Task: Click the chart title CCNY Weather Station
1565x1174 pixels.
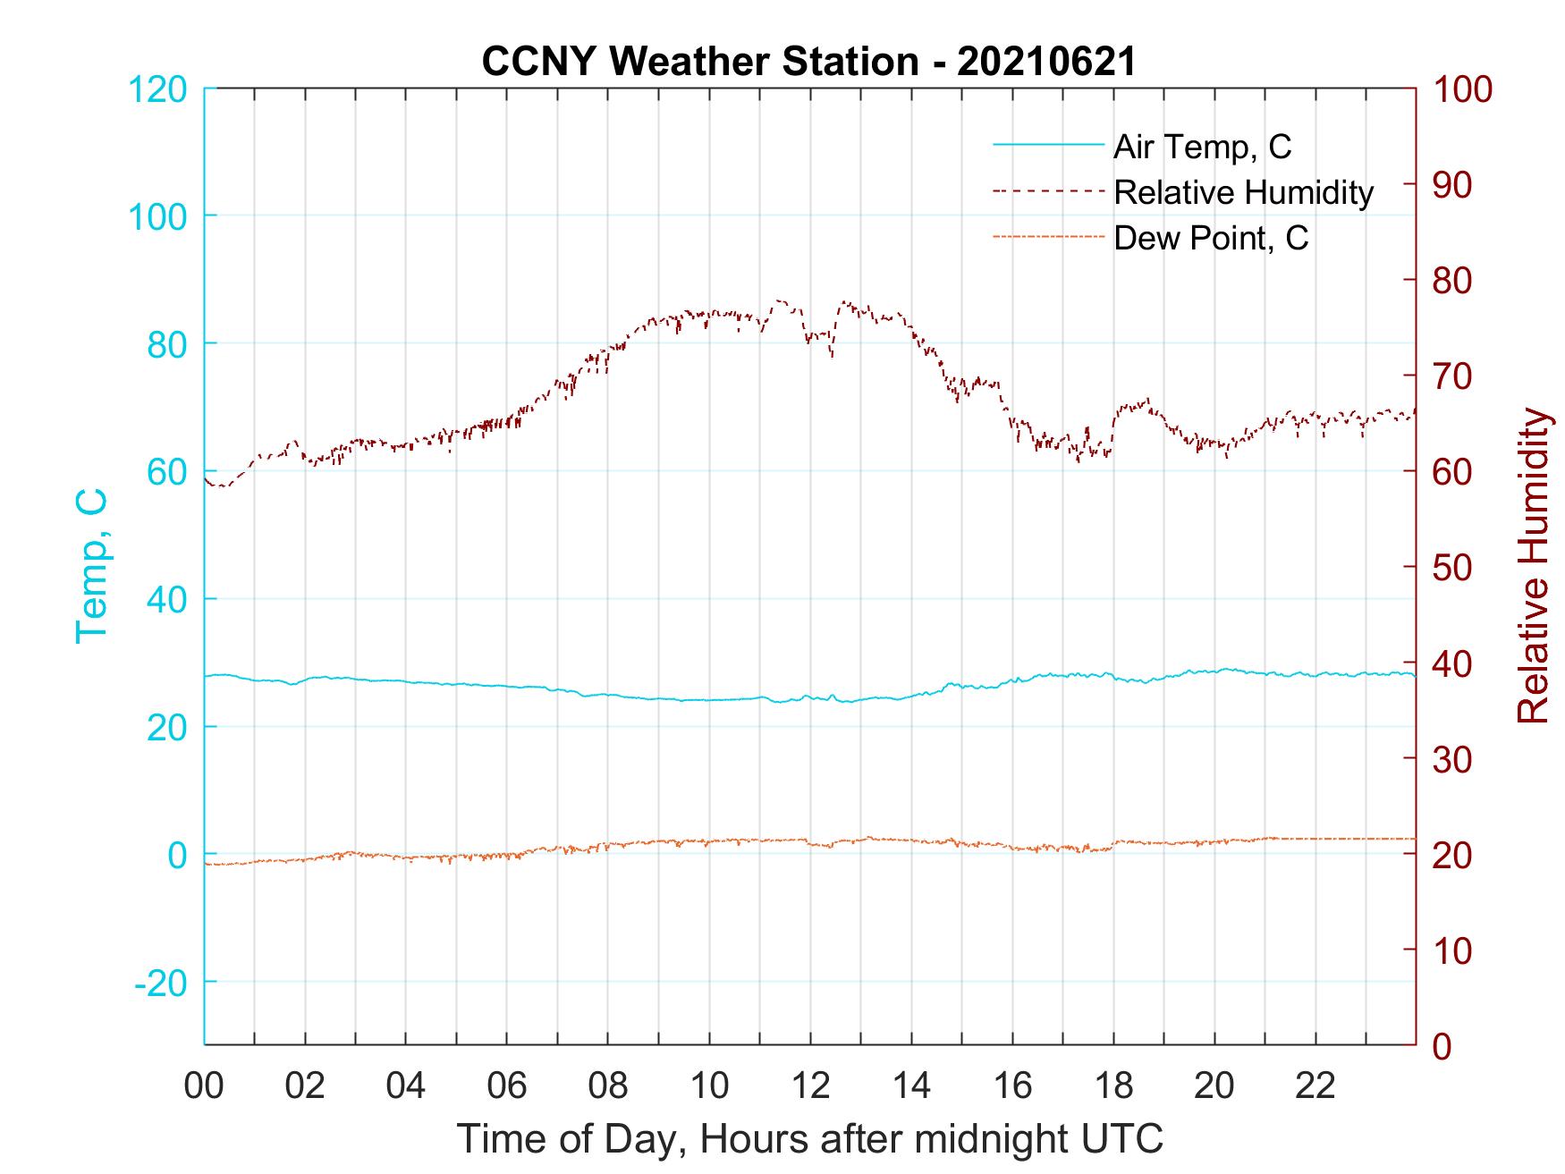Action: (700, 62)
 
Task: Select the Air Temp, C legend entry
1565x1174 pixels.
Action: (1202, 147)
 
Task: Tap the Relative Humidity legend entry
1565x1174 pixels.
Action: (1243, 192)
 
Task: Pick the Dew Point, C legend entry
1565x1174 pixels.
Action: (1211, 239)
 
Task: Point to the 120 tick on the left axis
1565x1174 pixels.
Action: (157, 90)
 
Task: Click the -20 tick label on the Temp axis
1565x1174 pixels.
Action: (160, 984)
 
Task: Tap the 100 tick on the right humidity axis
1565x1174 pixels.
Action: (1463, 90)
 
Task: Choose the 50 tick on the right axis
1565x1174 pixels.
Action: (1453, 569)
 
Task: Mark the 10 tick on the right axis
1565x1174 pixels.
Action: (1453, 951)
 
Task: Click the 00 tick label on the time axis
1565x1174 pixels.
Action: (204, 1086)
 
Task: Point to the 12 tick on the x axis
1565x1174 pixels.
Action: (810, 1086)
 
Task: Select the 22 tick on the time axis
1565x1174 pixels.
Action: (1315, 1086)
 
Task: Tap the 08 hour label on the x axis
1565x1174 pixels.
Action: (608, 1086)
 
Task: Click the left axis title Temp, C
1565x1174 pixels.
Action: (91, 566)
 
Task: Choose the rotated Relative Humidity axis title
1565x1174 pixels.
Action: (1533, 566)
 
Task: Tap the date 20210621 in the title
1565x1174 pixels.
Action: (1046, 62)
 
